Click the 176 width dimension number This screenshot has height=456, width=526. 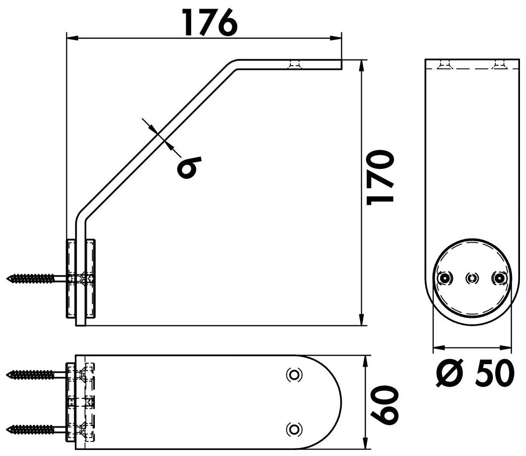tap(210, 22)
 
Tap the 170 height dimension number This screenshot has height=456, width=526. tap(380, 177)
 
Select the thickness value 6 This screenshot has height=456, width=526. tap(189, 167)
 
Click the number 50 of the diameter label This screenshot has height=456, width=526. tap(495, 373)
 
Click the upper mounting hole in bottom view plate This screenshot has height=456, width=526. tap(294, 375)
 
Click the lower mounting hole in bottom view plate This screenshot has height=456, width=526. tap(294, 429)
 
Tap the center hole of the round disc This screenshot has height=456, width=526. tap(472, 278)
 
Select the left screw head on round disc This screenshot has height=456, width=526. tap(445, 278)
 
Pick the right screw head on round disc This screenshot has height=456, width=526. tap(499, 278)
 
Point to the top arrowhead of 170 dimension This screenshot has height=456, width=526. tap(361, 66)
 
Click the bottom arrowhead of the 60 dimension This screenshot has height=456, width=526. tap(365, 443)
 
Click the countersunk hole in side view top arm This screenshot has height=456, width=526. tap(294, 64)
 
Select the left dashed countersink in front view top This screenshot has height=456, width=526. tap(445, 64)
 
